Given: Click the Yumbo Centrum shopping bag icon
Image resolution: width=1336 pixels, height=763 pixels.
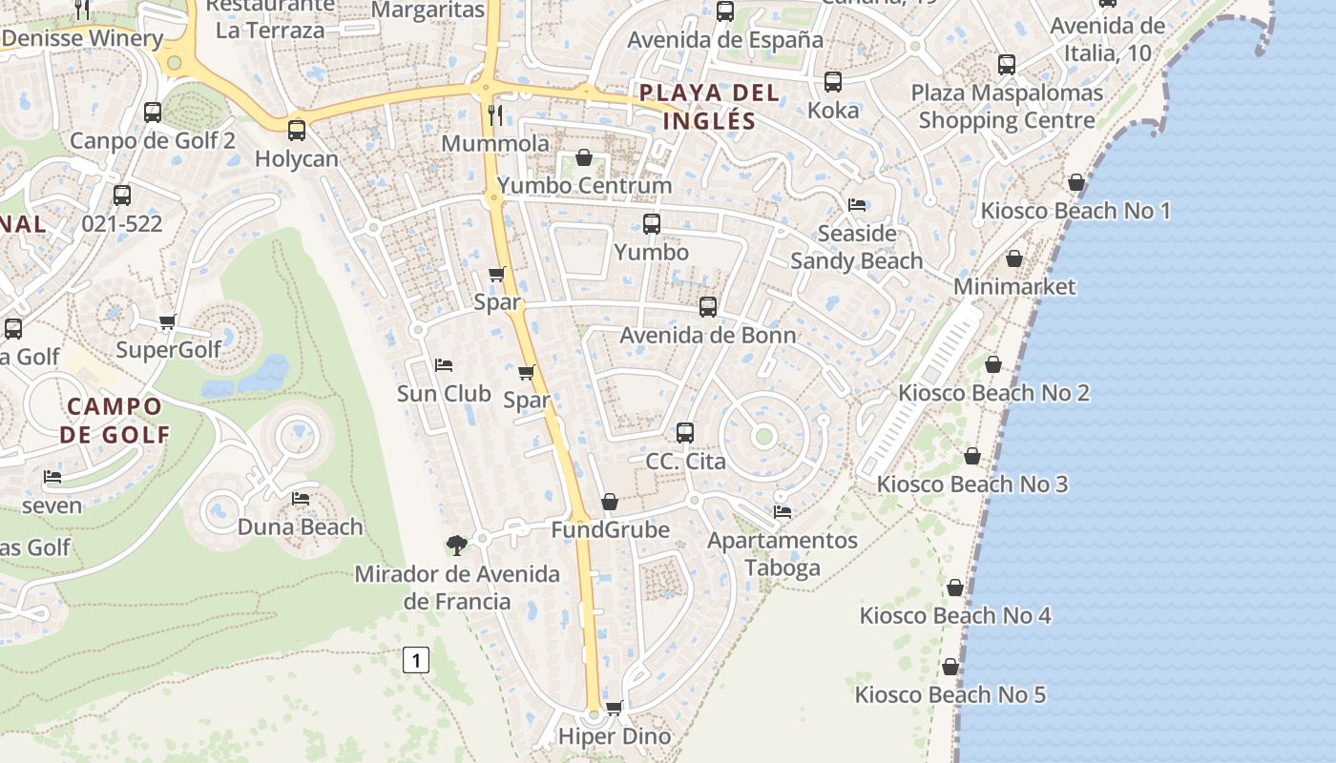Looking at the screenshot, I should click(584, 157).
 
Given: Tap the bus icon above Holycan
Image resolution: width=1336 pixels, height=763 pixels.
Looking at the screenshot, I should click(297, 131).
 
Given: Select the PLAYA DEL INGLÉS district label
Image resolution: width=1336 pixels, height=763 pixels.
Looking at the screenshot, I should click(709, 107).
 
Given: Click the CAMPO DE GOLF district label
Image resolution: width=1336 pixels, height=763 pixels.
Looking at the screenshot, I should click(115, 421).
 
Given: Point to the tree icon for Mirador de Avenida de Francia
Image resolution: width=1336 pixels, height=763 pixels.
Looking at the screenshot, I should click(457, 546).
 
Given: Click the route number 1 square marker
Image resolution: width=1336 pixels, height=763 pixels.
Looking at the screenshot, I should click(416, 659).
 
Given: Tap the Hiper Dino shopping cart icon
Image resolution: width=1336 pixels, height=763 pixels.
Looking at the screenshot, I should click(615, 708).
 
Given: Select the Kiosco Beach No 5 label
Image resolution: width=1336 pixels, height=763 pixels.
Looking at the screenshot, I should click(950, 694).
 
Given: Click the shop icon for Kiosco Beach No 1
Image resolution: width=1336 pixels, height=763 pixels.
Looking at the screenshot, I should click(1076, 182).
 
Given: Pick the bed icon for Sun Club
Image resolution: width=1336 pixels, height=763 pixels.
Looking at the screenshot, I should click(443, 365).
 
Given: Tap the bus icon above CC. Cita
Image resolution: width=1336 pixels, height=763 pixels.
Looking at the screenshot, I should click(685, 433).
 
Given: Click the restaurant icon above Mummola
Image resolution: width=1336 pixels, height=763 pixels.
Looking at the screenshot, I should click(494, 115).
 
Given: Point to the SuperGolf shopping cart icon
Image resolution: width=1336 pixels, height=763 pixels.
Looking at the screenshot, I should click(168, 322).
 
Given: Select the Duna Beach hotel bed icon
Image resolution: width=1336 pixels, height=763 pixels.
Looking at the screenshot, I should click(301, 499).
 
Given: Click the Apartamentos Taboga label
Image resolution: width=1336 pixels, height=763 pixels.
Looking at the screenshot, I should click(783, 554).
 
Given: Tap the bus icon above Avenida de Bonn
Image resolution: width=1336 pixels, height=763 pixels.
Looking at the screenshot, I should click(708, 307).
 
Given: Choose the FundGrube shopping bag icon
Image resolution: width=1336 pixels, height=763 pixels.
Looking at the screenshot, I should click(610, 502).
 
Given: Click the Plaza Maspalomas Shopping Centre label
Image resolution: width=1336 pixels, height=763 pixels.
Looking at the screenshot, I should click(1007, 107).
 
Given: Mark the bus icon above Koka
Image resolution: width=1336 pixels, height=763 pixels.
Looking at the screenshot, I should click(833, 82).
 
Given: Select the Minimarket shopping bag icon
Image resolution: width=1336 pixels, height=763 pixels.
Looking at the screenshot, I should click(1014, 258).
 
